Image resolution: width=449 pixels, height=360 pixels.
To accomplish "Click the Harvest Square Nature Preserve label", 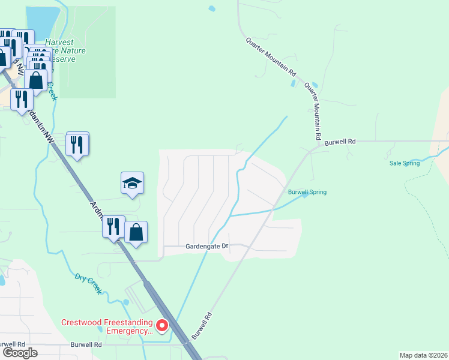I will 65,51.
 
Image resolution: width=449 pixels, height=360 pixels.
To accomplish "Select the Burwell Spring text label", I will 307,192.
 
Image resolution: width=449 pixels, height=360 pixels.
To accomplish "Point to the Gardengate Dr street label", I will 208,246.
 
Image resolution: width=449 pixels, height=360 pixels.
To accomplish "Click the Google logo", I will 20,353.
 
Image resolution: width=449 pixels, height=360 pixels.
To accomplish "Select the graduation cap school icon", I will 132,184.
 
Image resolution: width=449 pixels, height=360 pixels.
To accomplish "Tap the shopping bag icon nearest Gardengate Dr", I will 136,232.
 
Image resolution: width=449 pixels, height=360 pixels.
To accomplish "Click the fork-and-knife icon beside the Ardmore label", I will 113,226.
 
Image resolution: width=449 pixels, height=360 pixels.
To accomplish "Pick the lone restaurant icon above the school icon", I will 77,143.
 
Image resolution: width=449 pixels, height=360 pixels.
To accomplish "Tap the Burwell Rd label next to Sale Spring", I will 340,142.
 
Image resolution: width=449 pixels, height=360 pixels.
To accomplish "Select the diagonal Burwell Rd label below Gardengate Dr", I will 202,325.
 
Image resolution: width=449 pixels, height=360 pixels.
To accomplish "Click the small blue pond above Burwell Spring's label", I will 294,84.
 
